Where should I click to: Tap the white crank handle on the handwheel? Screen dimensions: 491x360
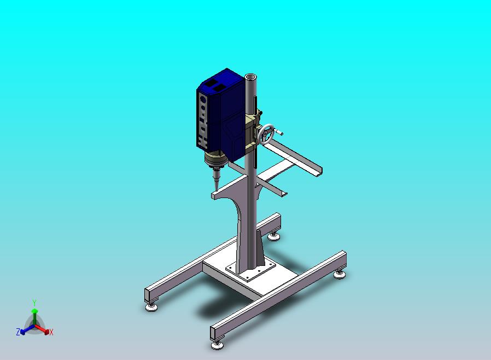point(279,132)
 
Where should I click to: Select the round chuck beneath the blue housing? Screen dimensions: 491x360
point(216,159)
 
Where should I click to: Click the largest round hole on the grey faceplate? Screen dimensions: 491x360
point(203,100)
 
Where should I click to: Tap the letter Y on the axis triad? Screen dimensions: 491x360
point(34,303)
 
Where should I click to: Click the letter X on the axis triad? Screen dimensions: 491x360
point(51,332)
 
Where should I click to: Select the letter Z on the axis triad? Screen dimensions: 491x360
point(18,332)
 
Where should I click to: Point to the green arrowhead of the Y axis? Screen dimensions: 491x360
point(34,311)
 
